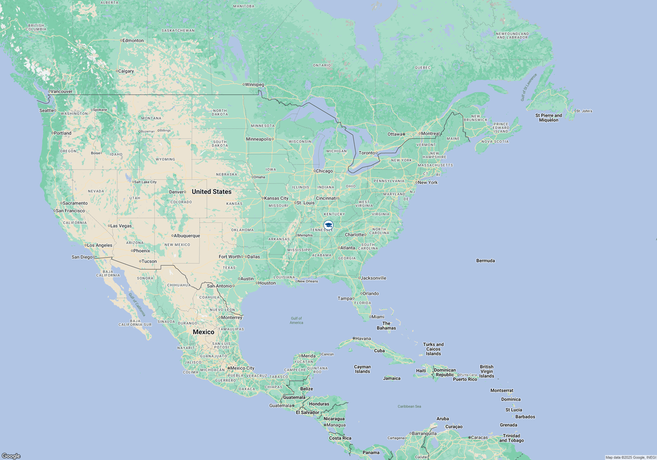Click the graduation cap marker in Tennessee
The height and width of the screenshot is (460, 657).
(328, 225)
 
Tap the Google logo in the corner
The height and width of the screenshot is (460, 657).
(11, 456)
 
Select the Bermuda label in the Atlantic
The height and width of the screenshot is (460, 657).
(485, 261)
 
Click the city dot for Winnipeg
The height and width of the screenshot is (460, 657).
(243, 84)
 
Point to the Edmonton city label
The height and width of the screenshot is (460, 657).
(133, 40)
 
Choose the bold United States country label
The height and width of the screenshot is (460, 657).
(212, 192)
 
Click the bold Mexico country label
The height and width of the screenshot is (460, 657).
(203, 332)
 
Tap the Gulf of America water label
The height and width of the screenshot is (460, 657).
(296, 320)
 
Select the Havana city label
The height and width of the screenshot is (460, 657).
(363, 338)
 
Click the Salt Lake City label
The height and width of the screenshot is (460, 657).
(145, 182)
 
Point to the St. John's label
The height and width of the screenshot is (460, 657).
(584, 111)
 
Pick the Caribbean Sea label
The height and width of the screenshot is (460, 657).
(409, 406)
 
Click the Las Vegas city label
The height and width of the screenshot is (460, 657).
(121, 226)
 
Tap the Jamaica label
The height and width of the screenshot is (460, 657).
(392, 378)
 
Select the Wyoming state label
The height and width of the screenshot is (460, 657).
(165, 159)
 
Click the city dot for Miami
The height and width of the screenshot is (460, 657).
(370, 317)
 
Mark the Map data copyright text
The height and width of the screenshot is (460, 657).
(630, 457)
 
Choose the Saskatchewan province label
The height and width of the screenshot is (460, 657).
(178, 31)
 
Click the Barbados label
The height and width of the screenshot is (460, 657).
(525, 417)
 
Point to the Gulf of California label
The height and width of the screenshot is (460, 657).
(137, 305)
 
